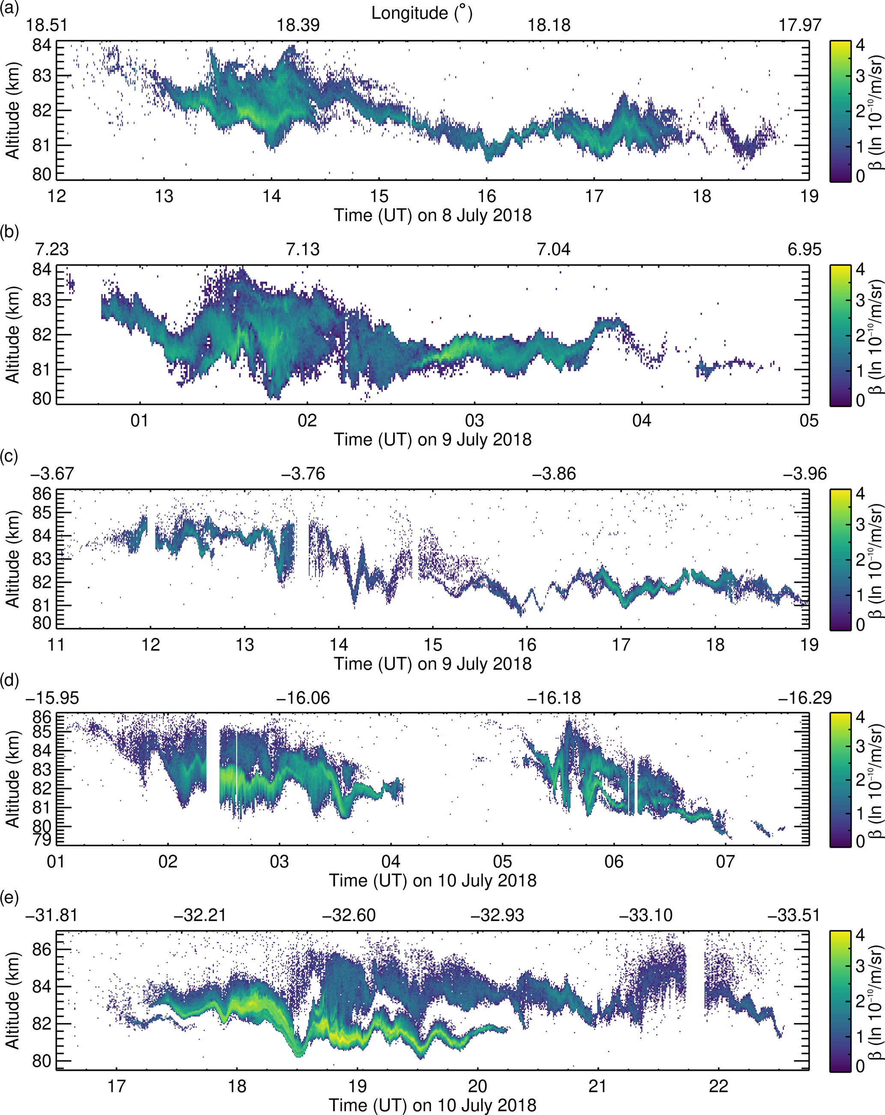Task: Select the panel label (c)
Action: coord(10,456)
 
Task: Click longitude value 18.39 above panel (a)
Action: coord(298,25)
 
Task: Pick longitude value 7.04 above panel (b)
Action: coord(554,249)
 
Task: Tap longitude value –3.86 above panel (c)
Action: coord(554,474)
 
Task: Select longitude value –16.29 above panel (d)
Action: coord(805,698)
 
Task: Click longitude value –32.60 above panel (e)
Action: coord(349,915)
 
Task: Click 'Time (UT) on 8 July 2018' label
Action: coord(432,215)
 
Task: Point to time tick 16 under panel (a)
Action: coord(487,197)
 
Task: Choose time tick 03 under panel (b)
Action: coord(474,420)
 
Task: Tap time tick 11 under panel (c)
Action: coord(57,645)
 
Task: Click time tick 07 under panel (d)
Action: coord(725,862)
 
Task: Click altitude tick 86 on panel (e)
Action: coord(42,950)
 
